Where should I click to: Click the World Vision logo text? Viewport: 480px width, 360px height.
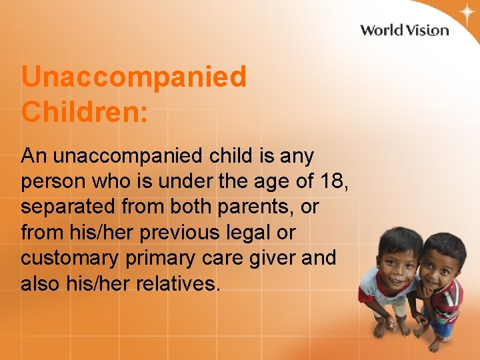[x=404, y=30]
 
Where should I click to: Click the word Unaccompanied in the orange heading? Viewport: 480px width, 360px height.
[x=134, y=77]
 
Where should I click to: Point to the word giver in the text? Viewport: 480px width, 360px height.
[x=262, y=258]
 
